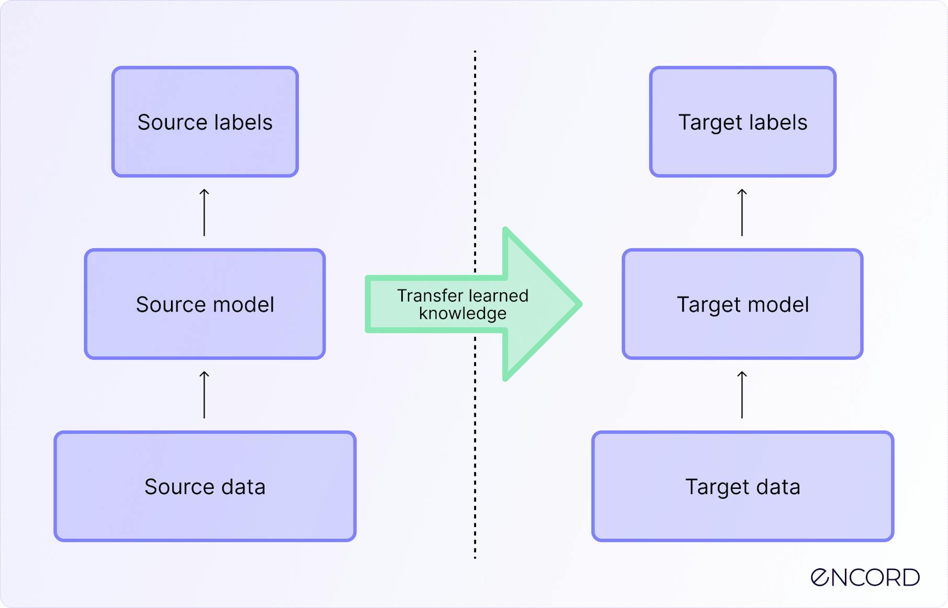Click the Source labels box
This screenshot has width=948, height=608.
coord(205,122)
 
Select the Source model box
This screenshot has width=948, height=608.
coord(205,304)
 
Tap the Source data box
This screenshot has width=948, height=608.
coord(205,486)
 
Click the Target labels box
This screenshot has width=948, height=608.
coord(742,122)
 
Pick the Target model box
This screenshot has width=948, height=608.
coord(742,304)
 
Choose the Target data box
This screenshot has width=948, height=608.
coord(742,486)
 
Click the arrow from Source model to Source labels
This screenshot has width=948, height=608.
coord(205,213)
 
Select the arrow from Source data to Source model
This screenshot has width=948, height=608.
coord(205,395)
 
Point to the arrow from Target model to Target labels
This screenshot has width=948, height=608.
coord(742,213)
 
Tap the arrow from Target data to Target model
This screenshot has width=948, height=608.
coord(742,395)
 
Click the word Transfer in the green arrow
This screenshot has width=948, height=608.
coord(429,296)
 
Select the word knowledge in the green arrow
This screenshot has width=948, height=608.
coord(462,314)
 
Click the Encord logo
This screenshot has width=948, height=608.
coord(865,577)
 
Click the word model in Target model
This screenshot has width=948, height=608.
coord(778,304)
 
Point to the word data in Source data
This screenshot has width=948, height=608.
coord(243,487)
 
